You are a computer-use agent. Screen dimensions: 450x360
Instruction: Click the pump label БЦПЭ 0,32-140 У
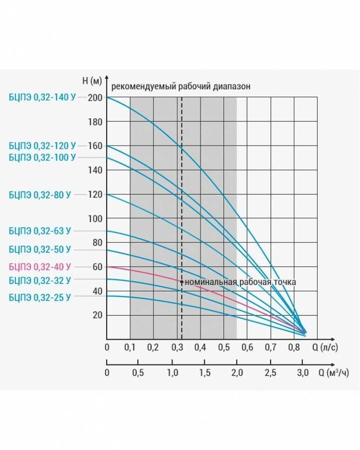coord(42,97)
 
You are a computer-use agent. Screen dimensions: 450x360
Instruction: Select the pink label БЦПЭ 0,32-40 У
coord(40,267)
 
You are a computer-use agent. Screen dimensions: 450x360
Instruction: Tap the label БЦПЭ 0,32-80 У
coord(40,195)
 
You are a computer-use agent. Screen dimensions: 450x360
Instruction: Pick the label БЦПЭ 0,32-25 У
coord(40,297)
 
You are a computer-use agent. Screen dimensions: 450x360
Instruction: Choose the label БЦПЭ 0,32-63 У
coord(40,231)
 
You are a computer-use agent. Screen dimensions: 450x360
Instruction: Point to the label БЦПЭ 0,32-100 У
coord(42,157)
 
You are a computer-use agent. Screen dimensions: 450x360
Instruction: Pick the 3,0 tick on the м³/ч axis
coord(302,373)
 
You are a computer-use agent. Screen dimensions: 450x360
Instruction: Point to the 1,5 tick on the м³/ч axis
coord(205,373)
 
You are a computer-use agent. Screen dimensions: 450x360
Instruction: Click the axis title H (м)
coord(91,81)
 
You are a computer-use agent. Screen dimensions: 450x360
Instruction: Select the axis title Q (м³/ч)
coord(333,373)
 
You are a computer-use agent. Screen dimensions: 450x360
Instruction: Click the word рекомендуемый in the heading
coord(137,86)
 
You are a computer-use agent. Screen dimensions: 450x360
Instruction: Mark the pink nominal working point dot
coord(181,282)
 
